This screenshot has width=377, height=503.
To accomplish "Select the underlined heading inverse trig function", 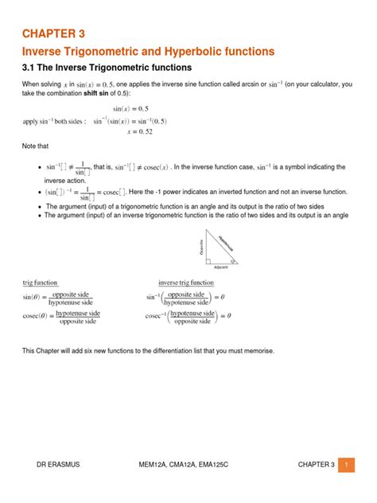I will [x=185, y=283].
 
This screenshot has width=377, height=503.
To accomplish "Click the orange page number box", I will [x=347, y=465].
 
